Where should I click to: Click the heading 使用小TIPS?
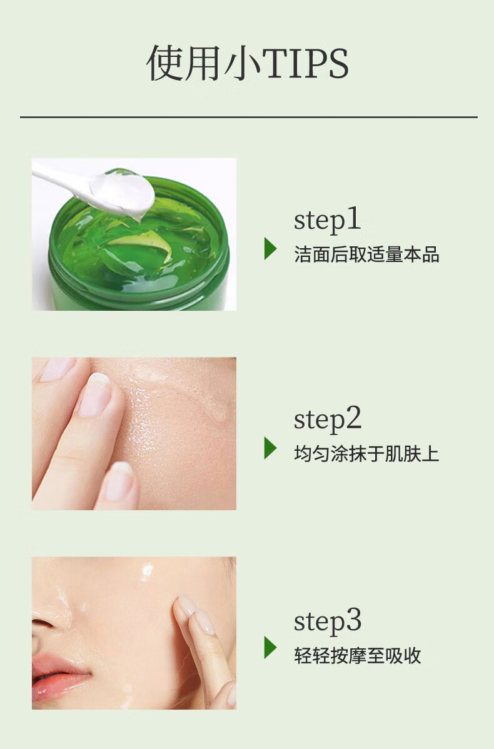(x=248, y=64)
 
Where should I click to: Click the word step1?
(x=327, y=220)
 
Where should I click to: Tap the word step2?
(x=328, y=420)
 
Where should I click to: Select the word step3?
(x=328, y=621)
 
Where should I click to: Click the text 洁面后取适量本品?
(x=366, y=254)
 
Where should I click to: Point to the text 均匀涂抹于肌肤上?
(x=366, y=454)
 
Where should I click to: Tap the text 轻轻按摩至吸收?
(x=357, y=655)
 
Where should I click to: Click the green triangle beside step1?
(x=270, y=248)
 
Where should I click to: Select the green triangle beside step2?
(x=270, y=448)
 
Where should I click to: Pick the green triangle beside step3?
(x=270, y=648)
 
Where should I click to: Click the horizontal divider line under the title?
(x=248, y=116)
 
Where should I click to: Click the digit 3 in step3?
(x=353, y=620)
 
